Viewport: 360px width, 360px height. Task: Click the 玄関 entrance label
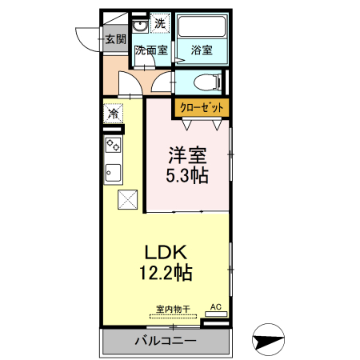click(115, 38)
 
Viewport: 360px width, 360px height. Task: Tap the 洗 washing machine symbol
click(160, 24)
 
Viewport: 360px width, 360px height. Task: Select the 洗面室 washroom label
click(150, 50)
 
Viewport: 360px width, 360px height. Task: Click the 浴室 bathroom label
click(202, 50)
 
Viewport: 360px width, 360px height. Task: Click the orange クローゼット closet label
click(199, 106)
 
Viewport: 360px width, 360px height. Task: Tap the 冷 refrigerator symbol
click(113, 114)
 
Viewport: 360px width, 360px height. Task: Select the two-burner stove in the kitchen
click(113, 146)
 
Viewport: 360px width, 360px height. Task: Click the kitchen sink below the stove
click(113, 172)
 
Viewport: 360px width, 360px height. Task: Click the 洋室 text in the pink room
click(187, 154)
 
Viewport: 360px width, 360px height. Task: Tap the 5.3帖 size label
click(187, 175)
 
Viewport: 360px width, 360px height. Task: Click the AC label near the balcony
click(215, 306)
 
